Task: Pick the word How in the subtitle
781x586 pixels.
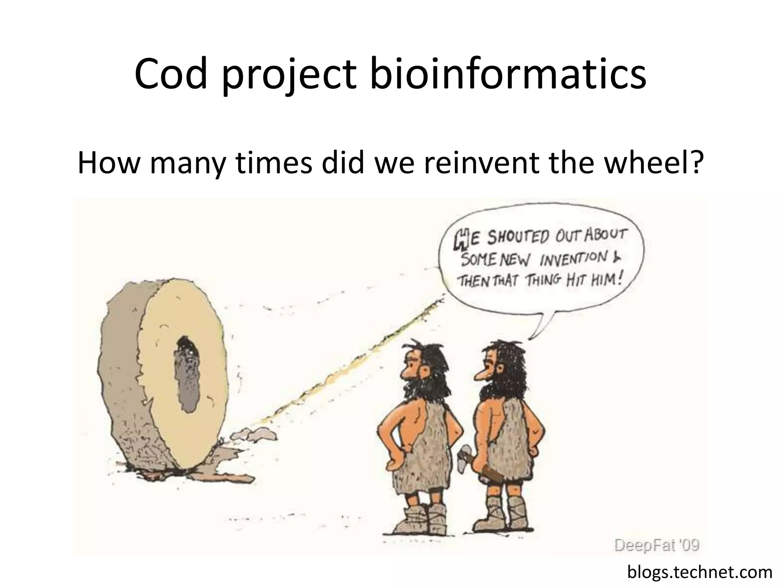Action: point(107,163)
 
